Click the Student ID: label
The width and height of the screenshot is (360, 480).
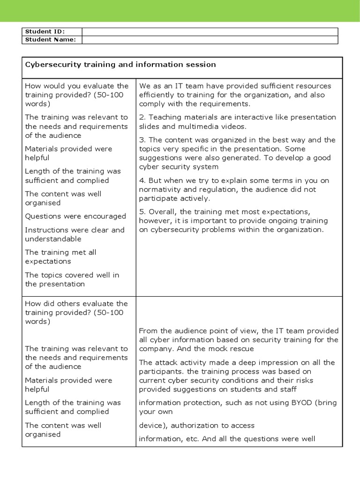(x=45, y=31)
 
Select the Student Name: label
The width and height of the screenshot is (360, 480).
(x=50, y=39)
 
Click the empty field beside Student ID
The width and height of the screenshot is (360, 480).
(x=210, y=31)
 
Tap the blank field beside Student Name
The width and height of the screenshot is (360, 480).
(x=210, y=39)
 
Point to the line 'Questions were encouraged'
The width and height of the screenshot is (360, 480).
(x=75, y=216)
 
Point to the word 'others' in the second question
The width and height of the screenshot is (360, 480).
(x=72, y=303)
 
